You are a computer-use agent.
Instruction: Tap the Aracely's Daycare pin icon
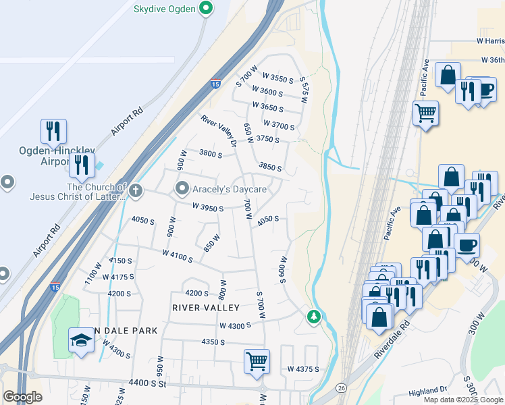pos(182,188)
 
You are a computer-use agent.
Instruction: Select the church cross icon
pos(136,191)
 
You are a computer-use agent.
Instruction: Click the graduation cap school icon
pos(81,340)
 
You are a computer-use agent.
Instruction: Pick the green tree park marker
pos(313,316)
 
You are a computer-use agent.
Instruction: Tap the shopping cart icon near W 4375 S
pos(257,360)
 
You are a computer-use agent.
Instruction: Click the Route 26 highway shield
pos(342,388)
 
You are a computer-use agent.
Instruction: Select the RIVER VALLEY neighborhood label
pos(206,308)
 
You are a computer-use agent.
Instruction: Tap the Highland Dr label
pos(429,390)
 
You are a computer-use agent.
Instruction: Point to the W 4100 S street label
pos(178,256)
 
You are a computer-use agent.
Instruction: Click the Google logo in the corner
pos(22,397)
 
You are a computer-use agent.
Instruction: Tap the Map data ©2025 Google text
pos(462,400)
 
